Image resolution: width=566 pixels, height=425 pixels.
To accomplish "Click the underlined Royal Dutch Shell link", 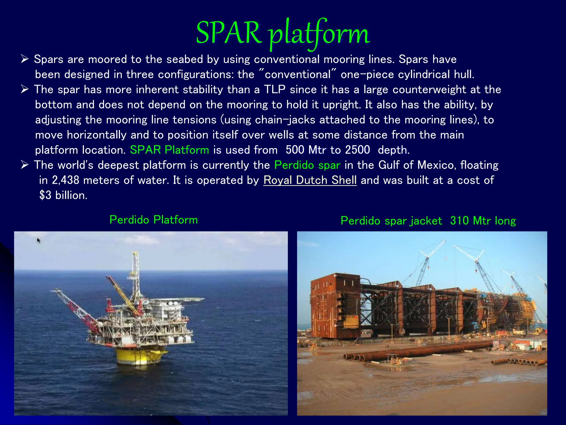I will click(310, 180).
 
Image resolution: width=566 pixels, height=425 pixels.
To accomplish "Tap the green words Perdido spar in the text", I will click(307, 165).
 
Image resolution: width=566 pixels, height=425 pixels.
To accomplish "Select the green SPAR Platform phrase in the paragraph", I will click(169, 150).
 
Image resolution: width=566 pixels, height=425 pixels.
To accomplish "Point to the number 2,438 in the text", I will click(65, 180).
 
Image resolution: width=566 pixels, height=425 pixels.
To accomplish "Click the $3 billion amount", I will click(63, 195).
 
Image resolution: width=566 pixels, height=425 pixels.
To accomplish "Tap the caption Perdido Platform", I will click(154, 220).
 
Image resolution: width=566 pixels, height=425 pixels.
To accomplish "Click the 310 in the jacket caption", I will click(459, 221).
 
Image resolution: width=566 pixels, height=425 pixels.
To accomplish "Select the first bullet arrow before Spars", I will click(25, 59).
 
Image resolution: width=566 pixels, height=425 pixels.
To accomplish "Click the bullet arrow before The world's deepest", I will click(25, 165).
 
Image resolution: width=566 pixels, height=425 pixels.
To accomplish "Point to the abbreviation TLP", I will click(274, 90).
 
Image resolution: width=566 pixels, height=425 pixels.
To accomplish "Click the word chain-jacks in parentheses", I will click(285, 120).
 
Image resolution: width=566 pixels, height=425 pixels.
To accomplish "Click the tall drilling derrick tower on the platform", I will click(135, 274).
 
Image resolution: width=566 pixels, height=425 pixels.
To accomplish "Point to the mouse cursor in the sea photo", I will click(38, 240).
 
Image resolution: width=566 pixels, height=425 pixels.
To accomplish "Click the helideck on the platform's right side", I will click(191, 299).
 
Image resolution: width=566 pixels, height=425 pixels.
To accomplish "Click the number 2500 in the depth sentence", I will click(357, 150).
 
